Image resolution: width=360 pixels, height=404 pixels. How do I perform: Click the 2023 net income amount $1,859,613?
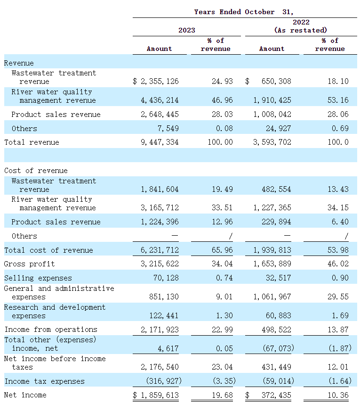(156, 395)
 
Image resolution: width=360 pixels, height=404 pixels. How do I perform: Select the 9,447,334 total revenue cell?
(160, 142)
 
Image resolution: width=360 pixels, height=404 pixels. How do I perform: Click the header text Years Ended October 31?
(244, 12)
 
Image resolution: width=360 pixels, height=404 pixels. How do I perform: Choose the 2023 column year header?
(187, 30)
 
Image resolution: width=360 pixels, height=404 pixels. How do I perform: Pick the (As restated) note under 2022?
(301, 30)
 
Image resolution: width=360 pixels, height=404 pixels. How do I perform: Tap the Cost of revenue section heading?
(36, 171)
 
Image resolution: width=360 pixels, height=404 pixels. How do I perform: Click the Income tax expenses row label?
(44, 381)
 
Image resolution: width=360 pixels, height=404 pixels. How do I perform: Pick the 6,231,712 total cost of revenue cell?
(160, 250)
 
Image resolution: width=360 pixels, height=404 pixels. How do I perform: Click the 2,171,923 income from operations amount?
(160, 330)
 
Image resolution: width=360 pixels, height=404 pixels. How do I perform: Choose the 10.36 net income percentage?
(338, 395)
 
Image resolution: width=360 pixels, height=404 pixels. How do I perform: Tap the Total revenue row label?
(32, 142)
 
